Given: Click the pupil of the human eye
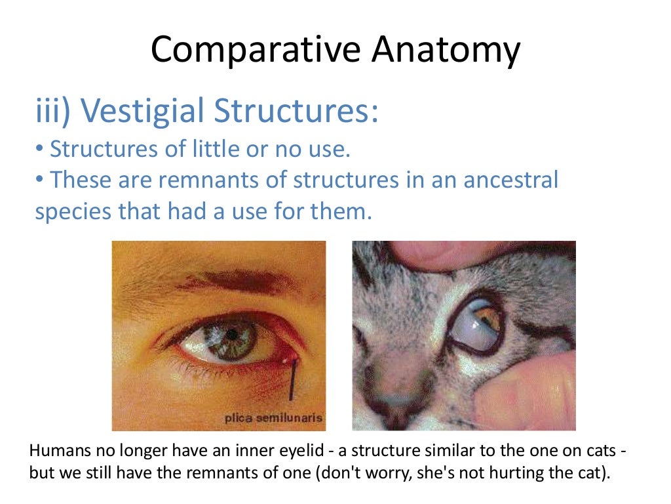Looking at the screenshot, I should (231, 334).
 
